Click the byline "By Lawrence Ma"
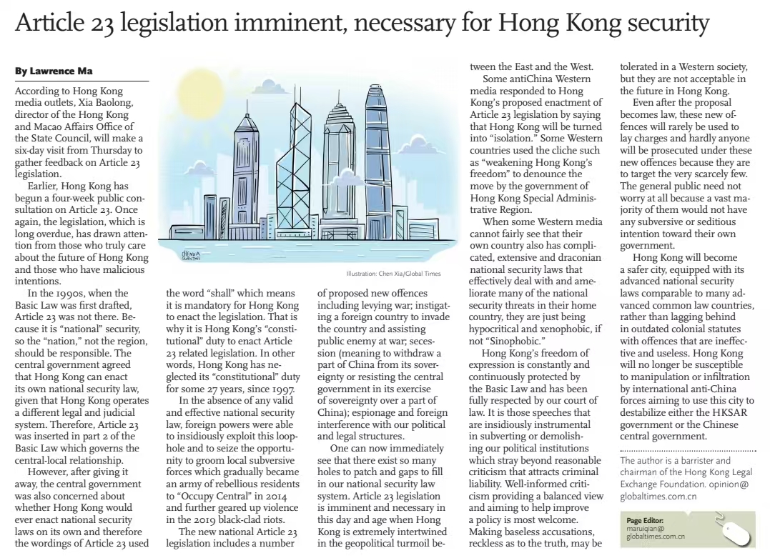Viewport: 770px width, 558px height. pos(54,71)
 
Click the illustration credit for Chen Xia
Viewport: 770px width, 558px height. pos(393,274)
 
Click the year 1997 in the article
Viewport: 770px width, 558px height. pos(281,389)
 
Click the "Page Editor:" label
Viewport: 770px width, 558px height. pos(645,521)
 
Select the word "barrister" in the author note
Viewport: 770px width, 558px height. pos(686,460)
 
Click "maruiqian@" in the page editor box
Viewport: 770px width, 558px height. pos(645,529)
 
